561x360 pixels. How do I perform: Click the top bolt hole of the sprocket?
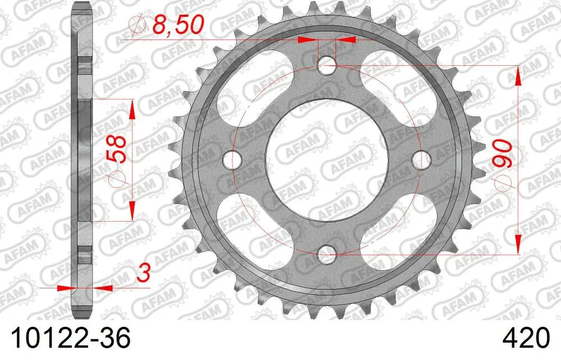(x=327, y=66)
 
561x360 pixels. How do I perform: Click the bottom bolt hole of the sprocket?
(x=327, y=255)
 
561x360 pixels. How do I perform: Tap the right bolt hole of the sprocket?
(x=421, y=160)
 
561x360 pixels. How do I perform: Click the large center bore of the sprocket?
(x=327, y=160)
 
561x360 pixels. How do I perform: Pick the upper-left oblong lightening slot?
(x=261, y=93)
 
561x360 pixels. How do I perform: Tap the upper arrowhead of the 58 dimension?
(x=132, y=109)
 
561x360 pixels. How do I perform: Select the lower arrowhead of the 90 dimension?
(x=518, y=247)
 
